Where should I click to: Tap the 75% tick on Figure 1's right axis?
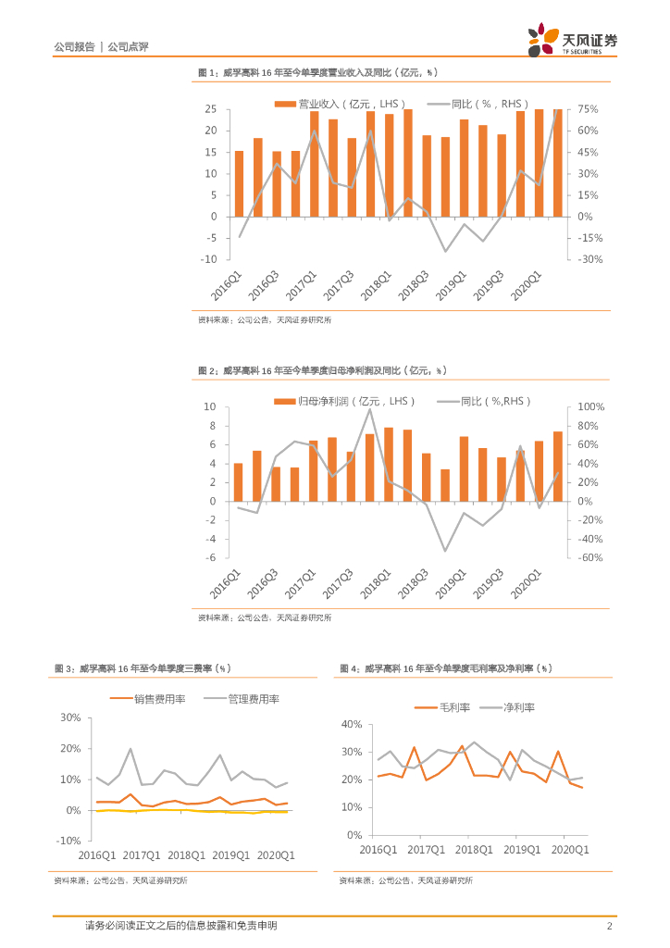pyautogui.click(x=589, y=109)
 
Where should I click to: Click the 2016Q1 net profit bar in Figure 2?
pyautogui.click(x=239, y=481)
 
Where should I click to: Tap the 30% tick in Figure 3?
pyautogui.click(x=70, y=717)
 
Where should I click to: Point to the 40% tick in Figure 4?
pyautogui.click(x=352, y=724)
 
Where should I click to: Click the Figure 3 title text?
pyautogui.click(x=142, y=667)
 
